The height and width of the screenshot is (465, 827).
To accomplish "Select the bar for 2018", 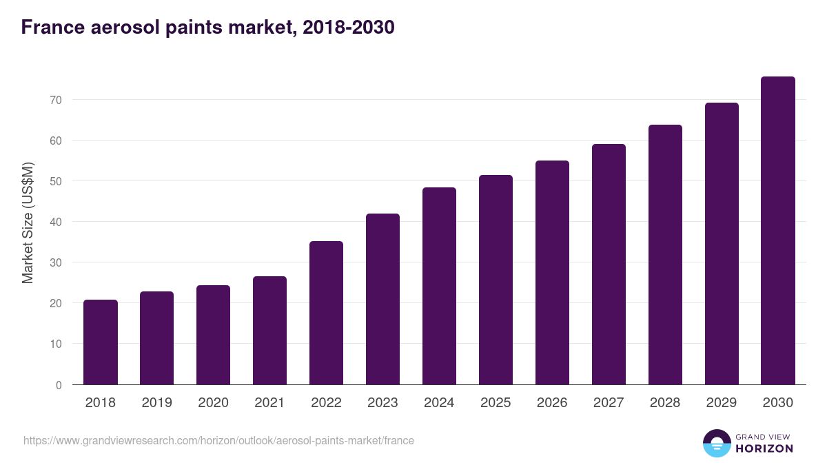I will pyautogui.click(x=101, y=342).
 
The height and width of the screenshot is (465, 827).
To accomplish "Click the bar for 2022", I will pyautogui.click(x=326, y=313).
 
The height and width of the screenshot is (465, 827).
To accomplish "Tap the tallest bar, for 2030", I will pyautogui.click(x=778, y=231).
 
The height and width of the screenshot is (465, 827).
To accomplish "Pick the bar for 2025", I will pyautogui.click(x=496, y=280).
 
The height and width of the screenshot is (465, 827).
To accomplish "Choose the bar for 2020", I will pyautogui.click(x=213, y=335).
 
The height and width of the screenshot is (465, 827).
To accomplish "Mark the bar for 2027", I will pyautogui.click(x=609, y=265).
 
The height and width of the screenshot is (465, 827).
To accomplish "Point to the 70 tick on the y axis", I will pyautogui.click(x=55, y=100).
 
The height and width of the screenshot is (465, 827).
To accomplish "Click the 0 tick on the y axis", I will pyautogui.click(x=59, y=385).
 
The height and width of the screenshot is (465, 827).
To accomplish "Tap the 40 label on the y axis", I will pyautogui.click(x=55, y=222).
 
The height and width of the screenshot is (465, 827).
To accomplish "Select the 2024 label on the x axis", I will pyautogui.click(x=439, y=403).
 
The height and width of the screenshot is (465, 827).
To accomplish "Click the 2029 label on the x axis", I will pyautogui.click(x=722, y=403).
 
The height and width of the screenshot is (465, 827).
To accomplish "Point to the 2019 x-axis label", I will pyautogui.click(x=156, y=403).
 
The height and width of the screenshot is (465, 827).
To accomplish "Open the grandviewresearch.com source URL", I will pyautogui.click(x=218, y=440).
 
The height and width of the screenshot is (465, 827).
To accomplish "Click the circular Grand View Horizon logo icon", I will pyautogui.click(x=716, y=443).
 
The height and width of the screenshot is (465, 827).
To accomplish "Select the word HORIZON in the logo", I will pyautogui.click(x=764, y=448).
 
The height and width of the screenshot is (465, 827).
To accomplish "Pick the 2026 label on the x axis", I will pyautogui.click(x=552, y=403).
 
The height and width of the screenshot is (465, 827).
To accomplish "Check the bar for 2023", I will pyautogui.click(x=382, y=299).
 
